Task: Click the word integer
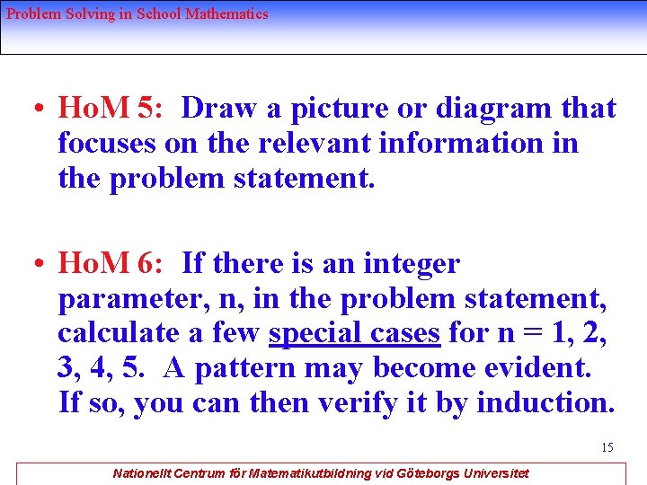pyautogui.click(x=411, y=265)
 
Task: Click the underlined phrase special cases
pyautogui.click(x=354, y=333)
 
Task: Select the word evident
pyautogui.click(x=554, y=368)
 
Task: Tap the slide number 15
pyautogui.click(x=607, y=447)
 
